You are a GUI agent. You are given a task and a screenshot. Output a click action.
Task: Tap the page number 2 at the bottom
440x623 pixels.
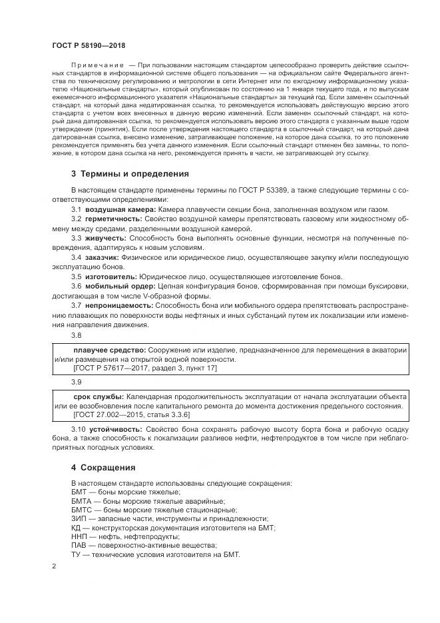[x=54, y=566]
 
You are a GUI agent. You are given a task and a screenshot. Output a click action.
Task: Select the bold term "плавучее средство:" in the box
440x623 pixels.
[x=109, y=349]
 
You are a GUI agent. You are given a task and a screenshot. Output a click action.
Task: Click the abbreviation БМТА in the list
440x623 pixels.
[x=83, y=500]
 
